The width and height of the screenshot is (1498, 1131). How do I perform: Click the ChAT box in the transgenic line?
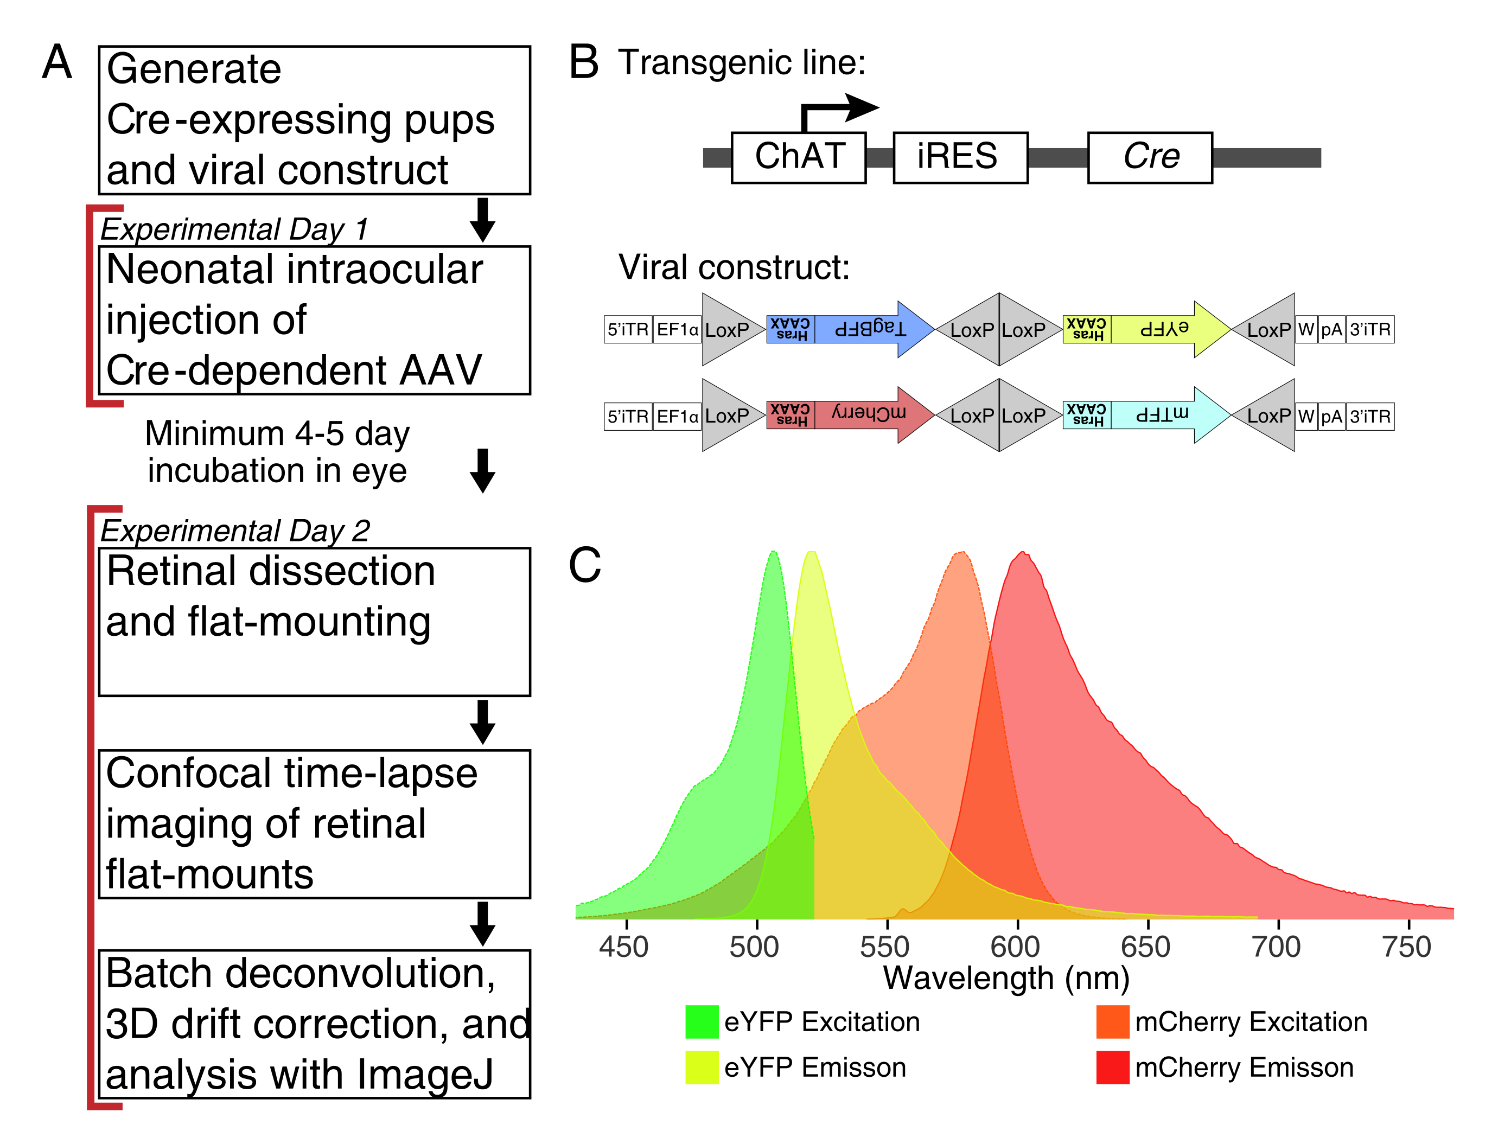pos(799,157)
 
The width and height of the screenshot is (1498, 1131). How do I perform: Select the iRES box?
pos(960,157)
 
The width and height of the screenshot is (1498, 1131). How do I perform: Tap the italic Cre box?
pos(1149,157)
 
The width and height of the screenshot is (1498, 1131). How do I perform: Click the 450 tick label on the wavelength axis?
pos(624,947)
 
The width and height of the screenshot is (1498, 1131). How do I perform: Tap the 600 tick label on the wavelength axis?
pos(1015,947)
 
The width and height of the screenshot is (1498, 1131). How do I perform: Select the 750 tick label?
pos(1406,947)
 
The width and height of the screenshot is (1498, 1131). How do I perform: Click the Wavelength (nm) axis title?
pos(1006,979)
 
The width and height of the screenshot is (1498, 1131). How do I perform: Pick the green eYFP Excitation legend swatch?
pos(702,1022)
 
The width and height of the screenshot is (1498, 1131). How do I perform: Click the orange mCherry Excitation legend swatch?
pos(1113,1022)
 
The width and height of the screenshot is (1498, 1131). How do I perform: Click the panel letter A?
pos(57,62)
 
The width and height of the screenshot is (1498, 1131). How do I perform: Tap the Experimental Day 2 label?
pos(235,531)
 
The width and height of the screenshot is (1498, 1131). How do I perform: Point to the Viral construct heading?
pos(734,267)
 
